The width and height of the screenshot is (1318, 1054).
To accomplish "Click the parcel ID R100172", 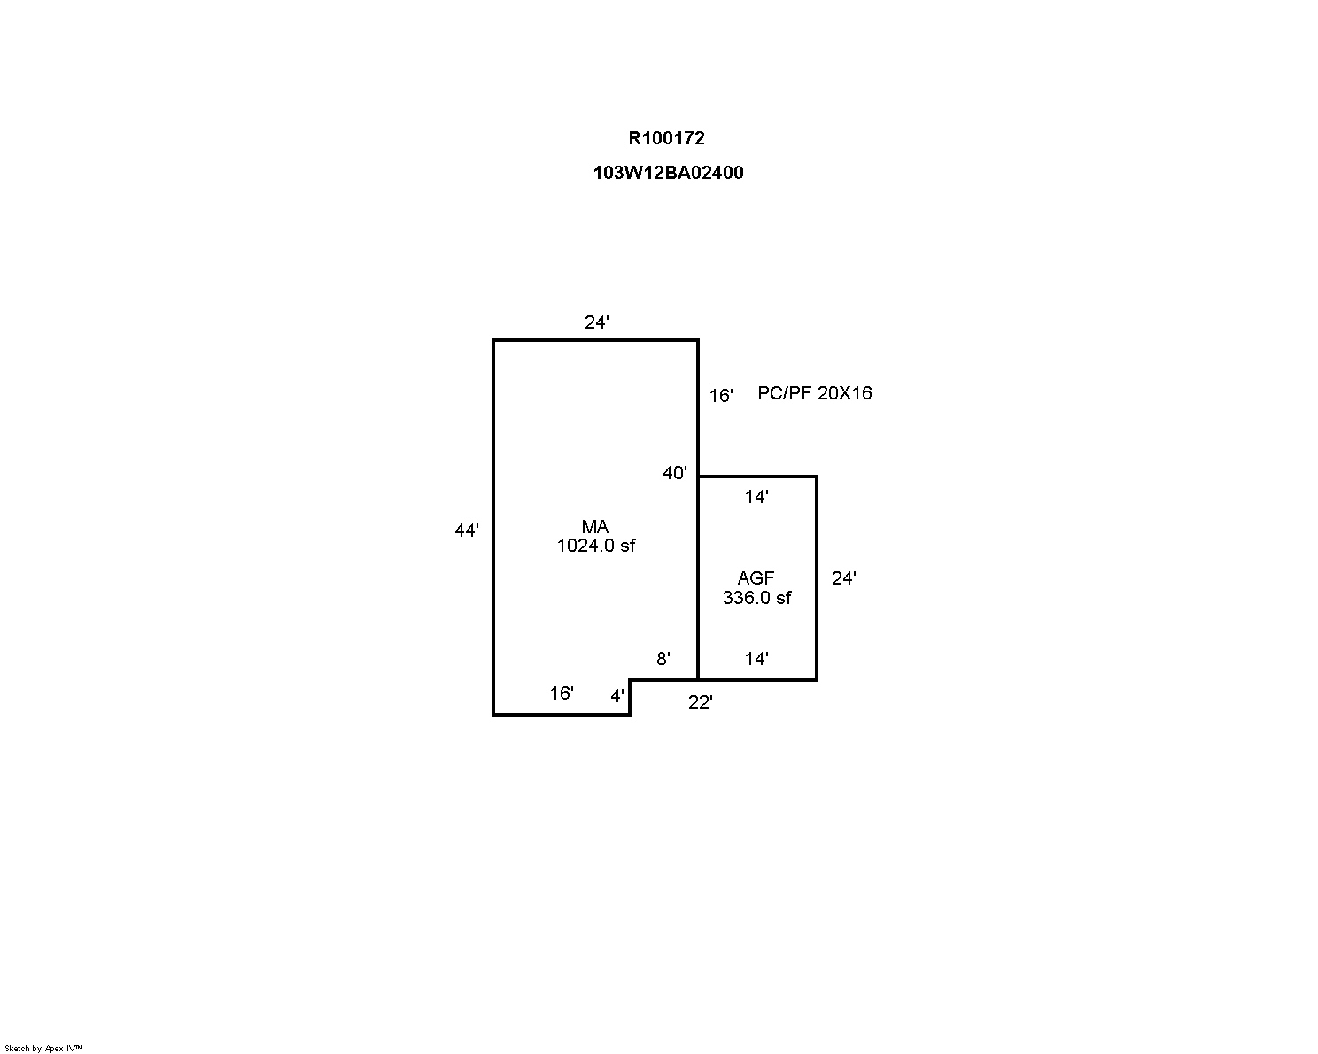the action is [x=666, y=138].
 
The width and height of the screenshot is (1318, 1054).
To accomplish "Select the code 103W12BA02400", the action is [x=668, y=172].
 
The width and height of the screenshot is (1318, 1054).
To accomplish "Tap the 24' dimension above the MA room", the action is [x=596, y=322].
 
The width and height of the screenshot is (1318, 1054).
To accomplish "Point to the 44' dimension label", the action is [x=466, y=530].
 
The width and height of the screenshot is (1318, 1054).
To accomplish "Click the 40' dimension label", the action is [x=674, y=472].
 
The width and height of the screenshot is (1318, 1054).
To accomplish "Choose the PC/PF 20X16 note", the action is [x=815, y=392].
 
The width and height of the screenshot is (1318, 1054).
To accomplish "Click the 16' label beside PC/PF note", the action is [x=721, y=395].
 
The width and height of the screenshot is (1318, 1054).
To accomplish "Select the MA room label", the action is [x=594, y=526].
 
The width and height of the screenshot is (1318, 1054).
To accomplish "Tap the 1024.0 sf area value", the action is [x=596, y=545].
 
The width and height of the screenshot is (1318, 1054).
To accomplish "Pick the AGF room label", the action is [x=756, y=577].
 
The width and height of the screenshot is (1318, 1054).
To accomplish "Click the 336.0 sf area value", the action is [x=757, y=597].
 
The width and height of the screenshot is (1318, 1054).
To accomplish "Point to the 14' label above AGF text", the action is [x=756, y=496].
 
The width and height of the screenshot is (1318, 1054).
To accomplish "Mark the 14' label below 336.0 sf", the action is [x=756, y=658].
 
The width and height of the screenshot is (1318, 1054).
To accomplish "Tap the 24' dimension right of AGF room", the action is [x=843, y=577].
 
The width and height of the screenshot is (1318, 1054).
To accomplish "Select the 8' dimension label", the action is [x=663, y=658].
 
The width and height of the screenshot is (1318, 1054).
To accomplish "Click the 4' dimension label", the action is [x=617, y=695].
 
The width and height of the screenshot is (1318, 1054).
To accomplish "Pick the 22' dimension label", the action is [x=700, y=701].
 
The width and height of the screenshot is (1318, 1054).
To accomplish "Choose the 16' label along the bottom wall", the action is [x=562, y=693].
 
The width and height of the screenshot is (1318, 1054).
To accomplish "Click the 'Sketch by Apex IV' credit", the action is [x=43, y=1048].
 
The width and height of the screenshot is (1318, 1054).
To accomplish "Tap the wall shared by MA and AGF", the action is [x=698, y=577].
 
